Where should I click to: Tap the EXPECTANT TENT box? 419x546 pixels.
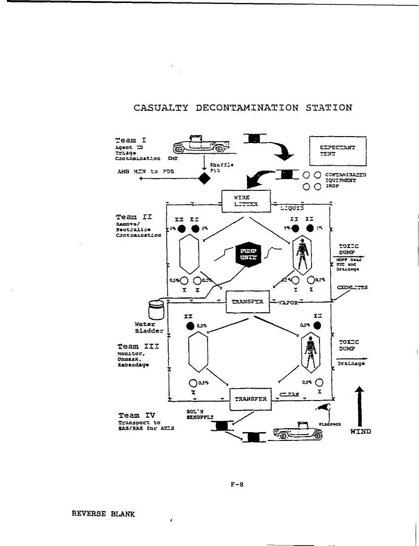click(x=338, y=151)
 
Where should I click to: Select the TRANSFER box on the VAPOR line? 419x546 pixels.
click(x=248, y=301)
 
